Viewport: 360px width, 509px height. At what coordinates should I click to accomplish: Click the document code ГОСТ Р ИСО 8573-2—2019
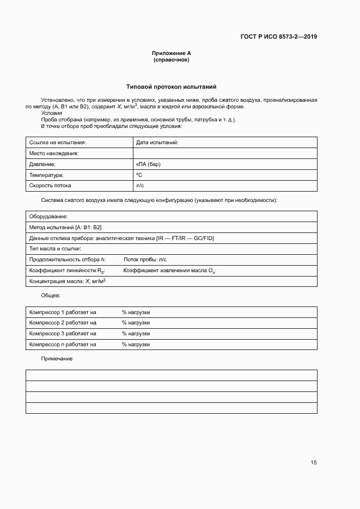[278, 37]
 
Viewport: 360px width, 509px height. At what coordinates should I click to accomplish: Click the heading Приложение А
[171, 53]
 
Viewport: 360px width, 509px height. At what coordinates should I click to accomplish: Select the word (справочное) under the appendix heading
[171, 60]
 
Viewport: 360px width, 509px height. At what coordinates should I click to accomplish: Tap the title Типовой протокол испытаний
[171, 87]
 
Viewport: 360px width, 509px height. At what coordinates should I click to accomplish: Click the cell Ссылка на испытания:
[58, 142]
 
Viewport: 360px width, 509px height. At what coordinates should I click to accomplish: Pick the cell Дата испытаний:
[157, 142]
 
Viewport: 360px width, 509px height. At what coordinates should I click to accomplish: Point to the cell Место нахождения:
[54, 153]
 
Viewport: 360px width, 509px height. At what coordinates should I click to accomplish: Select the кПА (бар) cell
[148, 164]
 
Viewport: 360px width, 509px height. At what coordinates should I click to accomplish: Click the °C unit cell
[139, 175]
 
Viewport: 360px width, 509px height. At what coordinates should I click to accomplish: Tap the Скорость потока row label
[50, 186]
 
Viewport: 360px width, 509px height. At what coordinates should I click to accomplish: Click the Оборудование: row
[48, 216]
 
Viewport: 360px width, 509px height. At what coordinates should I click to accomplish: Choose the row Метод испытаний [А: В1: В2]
[65, 227]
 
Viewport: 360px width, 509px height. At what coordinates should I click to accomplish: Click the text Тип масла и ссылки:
[54, 248]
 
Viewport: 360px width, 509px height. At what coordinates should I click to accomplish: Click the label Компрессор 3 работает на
[62, 333]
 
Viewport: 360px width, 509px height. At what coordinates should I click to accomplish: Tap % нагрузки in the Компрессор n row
[136, 344]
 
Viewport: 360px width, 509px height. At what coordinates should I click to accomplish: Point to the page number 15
[313, 463]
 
